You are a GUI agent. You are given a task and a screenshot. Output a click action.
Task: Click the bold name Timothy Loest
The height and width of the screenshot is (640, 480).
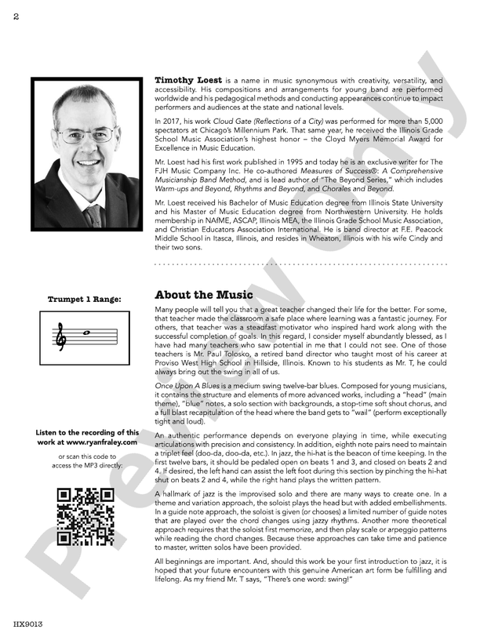(x=188, y=81)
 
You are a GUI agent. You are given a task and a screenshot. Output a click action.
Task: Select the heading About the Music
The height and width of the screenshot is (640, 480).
(x=204, y=295)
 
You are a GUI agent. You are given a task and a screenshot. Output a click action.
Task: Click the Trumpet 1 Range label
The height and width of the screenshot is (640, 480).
(x=85, y=299)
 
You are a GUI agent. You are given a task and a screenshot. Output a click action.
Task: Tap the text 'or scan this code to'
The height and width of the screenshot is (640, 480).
(x=85, y=456)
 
